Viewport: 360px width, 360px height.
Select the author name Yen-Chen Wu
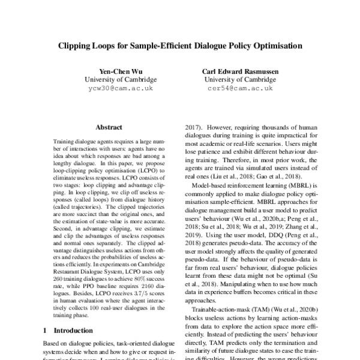(120, 70)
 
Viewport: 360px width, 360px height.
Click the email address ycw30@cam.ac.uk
(120, 88)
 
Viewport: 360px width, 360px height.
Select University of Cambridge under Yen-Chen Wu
(120, 79)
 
